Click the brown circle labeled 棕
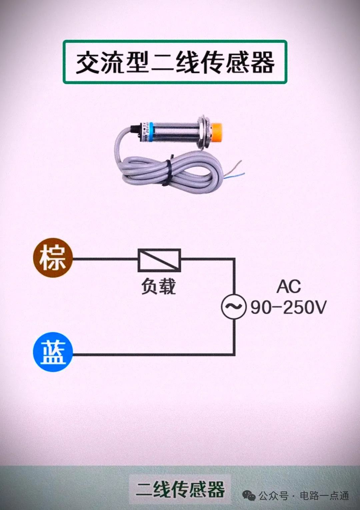(52, 258)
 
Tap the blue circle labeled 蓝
(53, 352)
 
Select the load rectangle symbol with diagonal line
(159, 260)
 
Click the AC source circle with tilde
(234, 306)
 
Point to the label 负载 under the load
(158, 286)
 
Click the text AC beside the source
(289, 286)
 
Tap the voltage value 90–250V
(289, 307)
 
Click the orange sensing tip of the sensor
(216, 131)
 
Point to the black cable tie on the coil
(167, 172)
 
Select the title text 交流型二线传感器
(175, 62)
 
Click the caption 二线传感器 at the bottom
(180, 489)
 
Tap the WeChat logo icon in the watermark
(249, 496)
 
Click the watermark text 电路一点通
(324, 496)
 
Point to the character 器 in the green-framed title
(263, 62)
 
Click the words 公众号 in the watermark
(273, 496)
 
